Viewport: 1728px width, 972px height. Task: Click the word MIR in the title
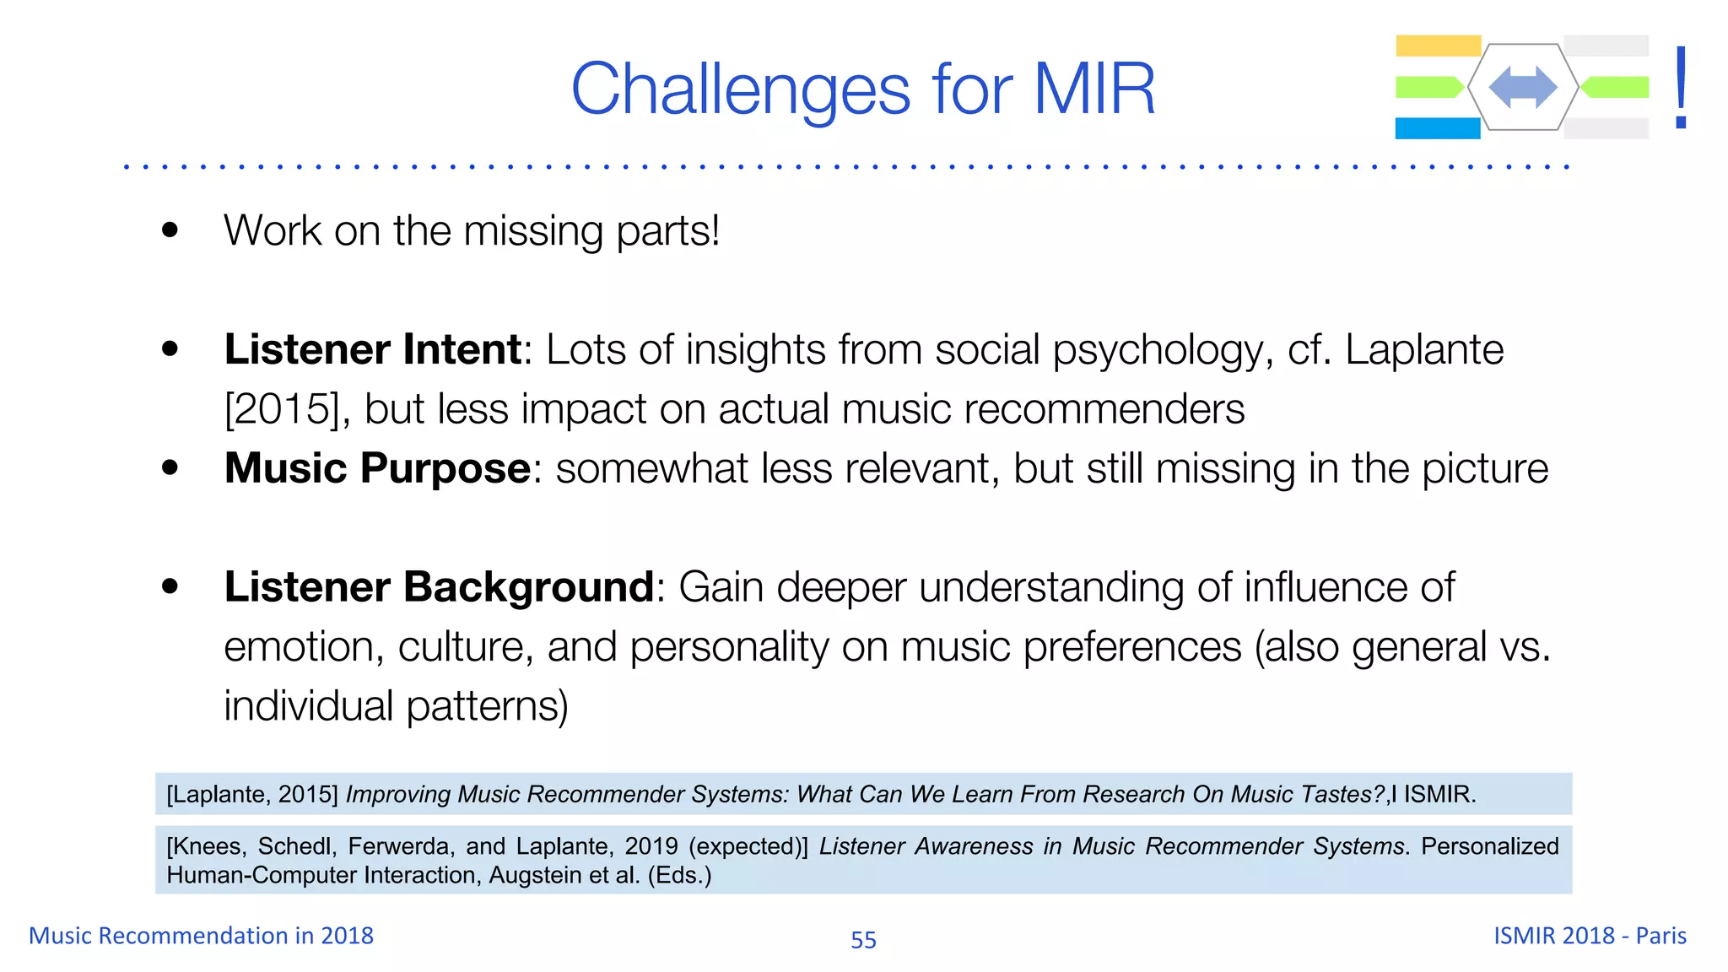[x=1094, y=89]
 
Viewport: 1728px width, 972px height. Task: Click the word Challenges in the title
[x=741, y=90]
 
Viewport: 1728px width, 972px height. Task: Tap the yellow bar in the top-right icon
[x=1438, y=46]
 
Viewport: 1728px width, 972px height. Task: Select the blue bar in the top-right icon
[x=1437, y=128]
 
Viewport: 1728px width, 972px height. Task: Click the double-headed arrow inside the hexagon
[x=1523, y=87]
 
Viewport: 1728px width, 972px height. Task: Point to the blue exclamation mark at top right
[x=1681, y=88]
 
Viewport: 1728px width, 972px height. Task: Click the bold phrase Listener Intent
[x=373, y=349]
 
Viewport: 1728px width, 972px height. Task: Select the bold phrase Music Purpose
[x=377, y=468]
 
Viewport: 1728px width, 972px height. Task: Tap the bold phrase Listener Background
[x=439, y=587]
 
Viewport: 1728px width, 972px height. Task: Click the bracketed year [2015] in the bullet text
[x=287, y=410]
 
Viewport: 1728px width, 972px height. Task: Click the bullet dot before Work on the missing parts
[x=170, y=230]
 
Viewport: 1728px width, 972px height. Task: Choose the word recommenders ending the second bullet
[x=1104, y=410]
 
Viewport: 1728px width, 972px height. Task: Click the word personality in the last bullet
[x=729, y=648]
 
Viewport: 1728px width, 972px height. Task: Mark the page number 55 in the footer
[x=863, y=939]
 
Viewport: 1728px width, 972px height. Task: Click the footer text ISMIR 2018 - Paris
[x=1590, y=936]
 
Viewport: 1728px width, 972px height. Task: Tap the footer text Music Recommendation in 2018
[x=201, y=936]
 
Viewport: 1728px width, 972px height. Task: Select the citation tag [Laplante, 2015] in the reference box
[x=252, y=795]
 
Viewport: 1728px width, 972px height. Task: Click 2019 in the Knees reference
[x=651, y=846]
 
